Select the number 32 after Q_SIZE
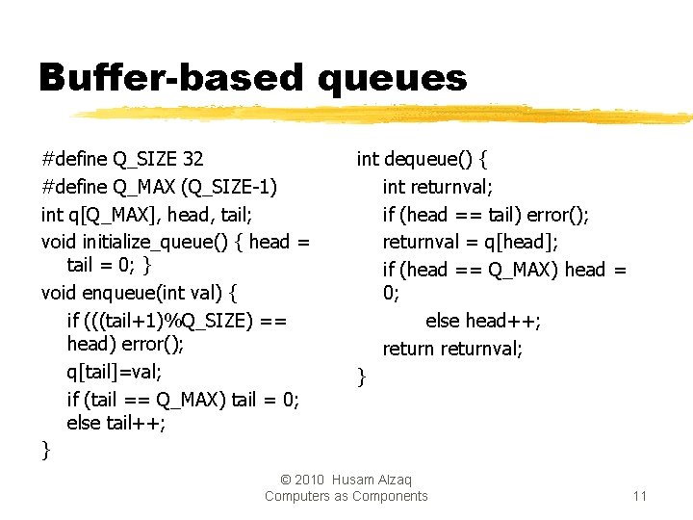pos(192,158)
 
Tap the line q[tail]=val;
pos(115,371)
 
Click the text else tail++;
pos(116,423)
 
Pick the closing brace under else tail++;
pos(46,449)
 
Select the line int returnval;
pos(438,186)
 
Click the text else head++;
pos(483,321)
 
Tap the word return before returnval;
pos(408,348)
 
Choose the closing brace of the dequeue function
pos(362,377)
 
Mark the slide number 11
pos(639,496)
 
